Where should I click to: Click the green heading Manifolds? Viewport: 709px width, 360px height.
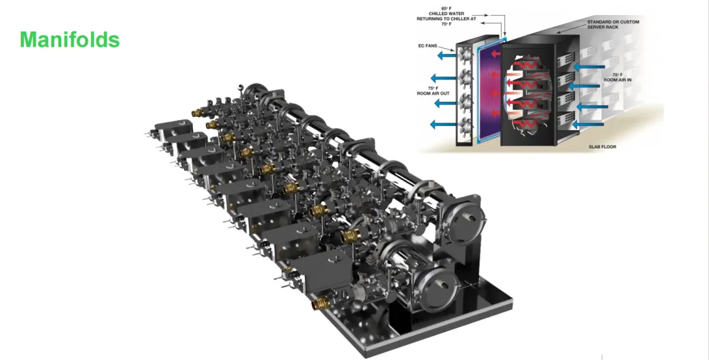(x=70, y=40)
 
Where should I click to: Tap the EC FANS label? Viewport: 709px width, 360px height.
(x=427, y=46)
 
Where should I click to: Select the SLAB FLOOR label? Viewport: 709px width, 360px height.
(x=602, y=146)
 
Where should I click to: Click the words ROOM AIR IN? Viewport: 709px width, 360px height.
(x=617, y=80)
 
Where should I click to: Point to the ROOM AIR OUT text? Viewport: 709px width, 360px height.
(x=433, y=94)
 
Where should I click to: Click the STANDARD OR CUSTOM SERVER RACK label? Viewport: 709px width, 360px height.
(x=613, y=24)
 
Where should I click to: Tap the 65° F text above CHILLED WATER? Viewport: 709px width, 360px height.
(x=446, y=8)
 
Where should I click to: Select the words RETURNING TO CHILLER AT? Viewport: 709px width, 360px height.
(x=446, y=19)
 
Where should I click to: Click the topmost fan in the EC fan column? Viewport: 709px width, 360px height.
(x=464, y=55)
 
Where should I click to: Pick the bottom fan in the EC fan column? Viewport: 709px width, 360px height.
(x=464, y=124)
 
